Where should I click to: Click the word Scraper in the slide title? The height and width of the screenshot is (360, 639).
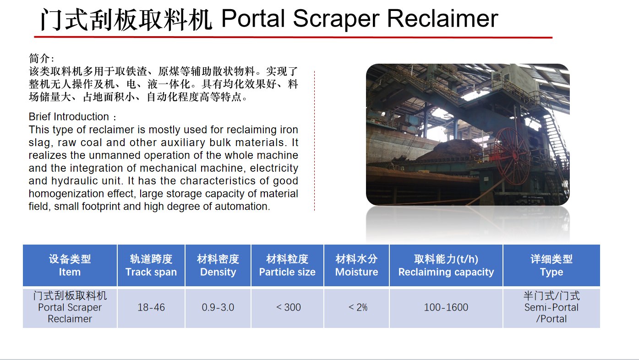point(336,19)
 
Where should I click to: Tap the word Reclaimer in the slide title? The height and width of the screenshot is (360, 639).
point(442,18)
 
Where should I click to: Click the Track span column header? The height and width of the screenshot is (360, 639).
point(151,265)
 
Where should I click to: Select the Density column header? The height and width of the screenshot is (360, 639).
point(218,265)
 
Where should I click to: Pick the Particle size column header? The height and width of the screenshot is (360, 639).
point(287,265)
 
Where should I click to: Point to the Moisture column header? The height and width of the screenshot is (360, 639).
point(356,265)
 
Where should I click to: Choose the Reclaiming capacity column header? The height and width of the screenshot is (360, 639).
point(446,265)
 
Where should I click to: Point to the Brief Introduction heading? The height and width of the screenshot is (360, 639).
point(72,117)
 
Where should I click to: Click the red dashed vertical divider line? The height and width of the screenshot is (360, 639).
point(314,141)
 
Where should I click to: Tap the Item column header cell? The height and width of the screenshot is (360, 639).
point(70,265)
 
